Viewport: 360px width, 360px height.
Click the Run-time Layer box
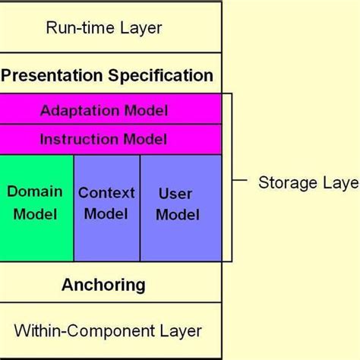[x=112, y=28]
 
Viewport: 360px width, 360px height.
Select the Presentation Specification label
[x=106, y=76]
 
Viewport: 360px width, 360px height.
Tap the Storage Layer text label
[x=308, y=182]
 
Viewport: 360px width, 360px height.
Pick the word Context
[x=106, y=192]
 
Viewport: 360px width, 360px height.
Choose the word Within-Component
[x=85, y=331]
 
